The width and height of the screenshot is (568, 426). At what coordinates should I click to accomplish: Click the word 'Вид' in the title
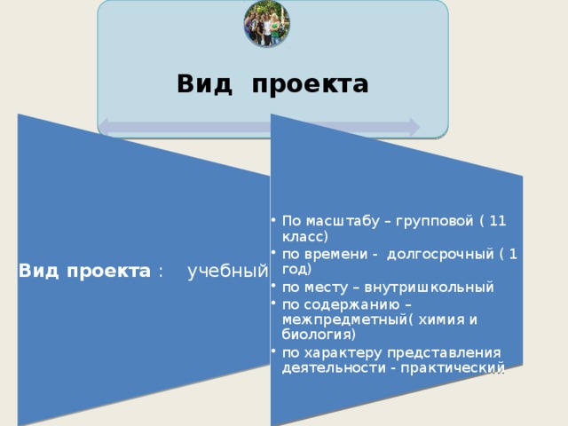(x=204, y=84)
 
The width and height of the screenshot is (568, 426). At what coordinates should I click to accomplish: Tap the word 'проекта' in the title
(x=310, y=85)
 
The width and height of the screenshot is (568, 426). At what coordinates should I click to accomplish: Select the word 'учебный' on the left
(x=228, y=272)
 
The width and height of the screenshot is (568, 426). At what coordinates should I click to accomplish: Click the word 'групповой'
(x=440, y=222)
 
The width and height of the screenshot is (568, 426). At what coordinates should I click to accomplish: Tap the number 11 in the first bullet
(x=498, y=222)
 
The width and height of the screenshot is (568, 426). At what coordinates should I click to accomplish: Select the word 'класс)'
(x=305, y=236)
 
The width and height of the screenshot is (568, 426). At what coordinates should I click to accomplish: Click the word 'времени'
(x=335, y=255)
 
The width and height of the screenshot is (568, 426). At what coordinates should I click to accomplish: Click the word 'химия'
(x=440, y=319)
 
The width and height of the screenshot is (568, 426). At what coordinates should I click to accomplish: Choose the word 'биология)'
(x=319, y=335)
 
